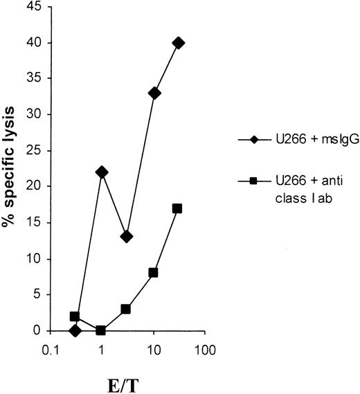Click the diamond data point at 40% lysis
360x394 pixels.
point(179,43)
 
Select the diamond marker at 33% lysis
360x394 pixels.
point(154,93)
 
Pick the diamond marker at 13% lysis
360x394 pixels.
point(126,237)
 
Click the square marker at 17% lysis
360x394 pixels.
point(177,208)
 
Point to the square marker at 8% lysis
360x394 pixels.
point(153,273)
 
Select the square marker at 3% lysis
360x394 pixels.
point(126,309)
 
